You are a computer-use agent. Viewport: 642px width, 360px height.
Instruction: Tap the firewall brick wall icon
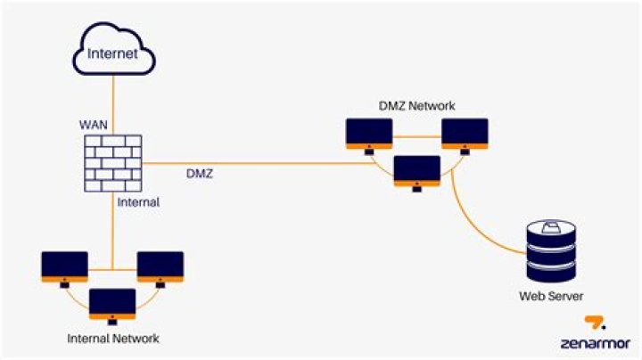coord(112,164)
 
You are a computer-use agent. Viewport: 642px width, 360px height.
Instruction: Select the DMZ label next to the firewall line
coord(199,174)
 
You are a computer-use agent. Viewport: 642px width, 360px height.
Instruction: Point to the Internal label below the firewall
coord(138,202)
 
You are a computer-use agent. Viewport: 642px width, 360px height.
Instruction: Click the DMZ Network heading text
coord(416,106)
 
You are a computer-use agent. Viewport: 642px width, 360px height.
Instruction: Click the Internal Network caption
coord(112,339)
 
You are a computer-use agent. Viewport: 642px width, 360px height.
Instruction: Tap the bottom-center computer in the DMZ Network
coord(416,172)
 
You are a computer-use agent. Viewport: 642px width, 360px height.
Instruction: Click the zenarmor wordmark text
coord(596,342)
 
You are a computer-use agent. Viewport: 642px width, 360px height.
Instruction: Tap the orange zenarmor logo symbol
coord(596,323)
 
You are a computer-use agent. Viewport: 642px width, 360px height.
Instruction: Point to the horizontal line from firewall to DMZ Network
coord(267,164)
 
